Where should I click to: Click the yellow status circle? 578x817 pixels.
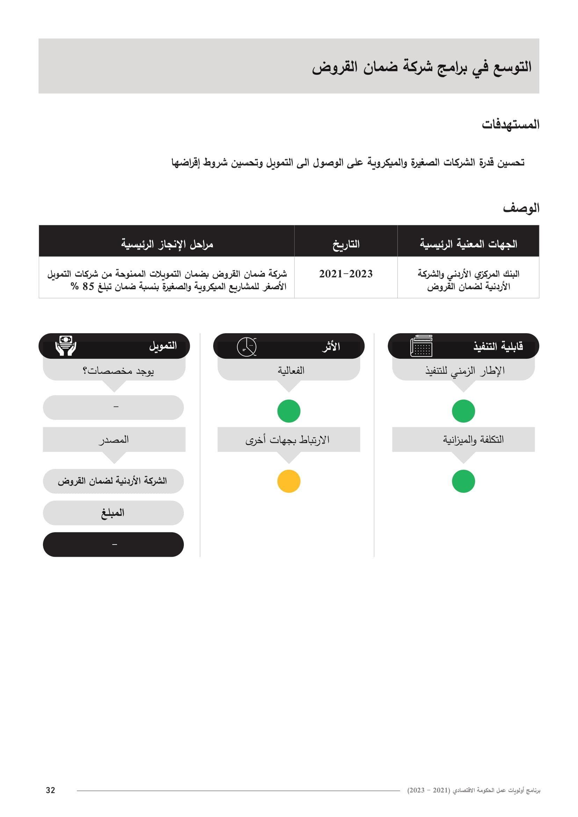(x=289, y=481)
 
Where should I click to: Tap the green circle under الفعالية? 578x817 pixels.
(x=289, y=411)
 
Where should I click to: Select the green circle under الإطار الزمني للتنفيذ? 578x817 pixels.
(x=463, y=411)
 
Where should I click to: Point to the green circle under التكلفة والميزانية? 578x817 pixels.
(x=463, y=481)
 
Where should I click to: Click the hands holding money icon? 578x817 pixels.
(x=66, y=345)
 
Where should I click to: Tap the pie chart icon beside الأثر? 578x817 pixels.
(x=247, y=347)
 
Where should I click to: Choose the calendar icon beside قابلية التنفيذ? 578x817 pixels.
(x=421, y=346)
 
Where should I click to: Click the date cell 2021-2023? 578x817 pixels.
(x=346, y=274)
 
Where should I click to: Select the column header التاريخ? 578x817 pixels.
(x=346, y=244)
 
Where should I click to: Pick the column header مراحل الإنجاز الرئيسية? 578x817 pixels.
(x=167, y=244)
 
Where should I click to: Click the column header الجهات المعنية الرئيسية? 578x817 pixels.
(x=468, y=244)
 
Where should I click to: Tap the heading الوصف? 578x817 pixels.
(x=521, y=208)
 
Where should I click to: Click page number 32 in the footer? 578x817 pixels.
(x=51, y=790)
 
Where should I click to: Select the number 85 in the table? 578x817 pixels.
(x=88, y=286)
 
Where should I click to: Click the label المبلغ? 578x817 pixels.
(x=113, y=513)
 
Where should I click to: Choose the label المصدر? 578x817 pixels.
(x=114, y=440)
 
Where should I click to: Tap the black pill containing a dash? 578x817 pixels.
(x=113, y=545)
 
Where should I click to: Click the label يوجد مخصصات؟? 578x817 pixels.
(x=118, y=371)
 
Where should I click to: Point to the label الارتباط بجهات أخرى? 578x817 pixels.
(x=288, y=440)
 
